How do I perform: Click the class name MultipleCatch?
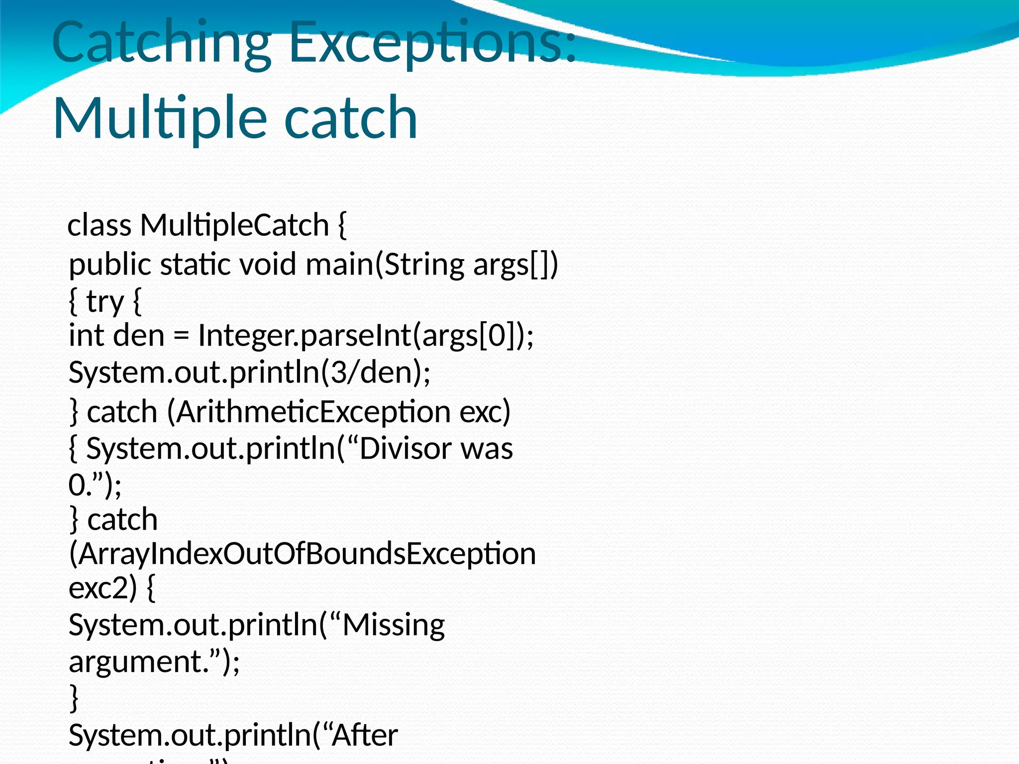coord(234,225)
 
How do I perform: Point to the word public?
coord(109,264)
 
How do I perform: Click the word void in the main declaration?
coord(269,264)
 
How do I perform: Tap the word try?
coord(104,301)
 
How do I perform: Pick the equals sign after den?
coord(182,336)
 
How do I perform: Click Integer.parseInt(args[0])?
coord(366,336)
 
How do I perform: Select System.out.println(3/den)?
coord(249,373)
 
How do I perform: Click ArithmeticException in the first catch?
coord(309,412)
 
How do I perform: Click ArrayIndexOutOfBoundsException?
coord(303,554)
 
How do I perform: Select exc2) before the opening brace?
coord(102,588)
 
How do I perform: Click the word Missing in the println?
coord(394,625)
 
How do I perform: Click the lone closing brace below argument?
coord(74,698)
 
